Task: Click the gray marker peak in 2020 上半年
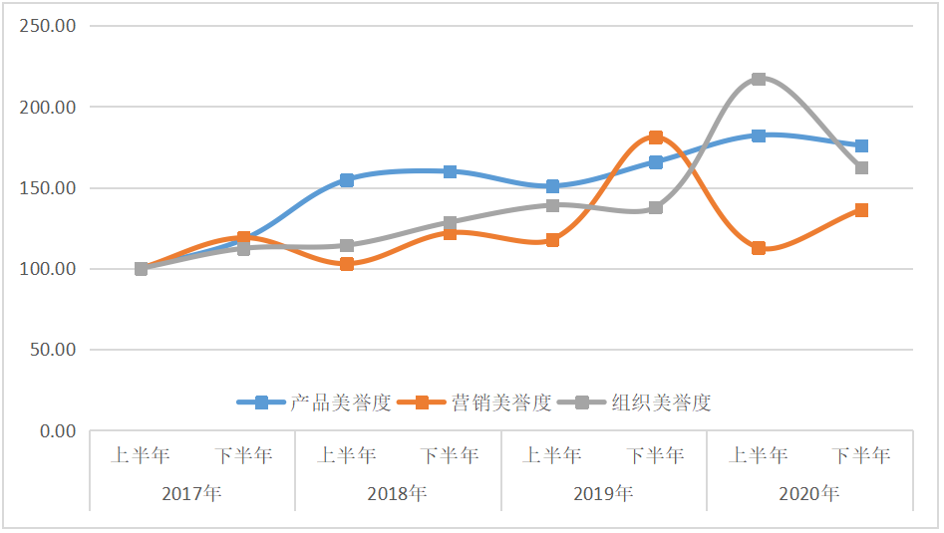(x=759, y=79)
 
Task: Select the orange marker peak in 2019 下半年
(x=656, y=137)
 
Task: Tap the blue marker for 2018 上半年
(x=347, y=180)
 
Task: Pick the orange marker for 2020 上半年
(x=759, y=248)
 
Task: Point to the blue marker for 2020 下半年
(x=861, y=146)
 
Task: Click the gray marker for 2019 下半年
(x=656, y=207)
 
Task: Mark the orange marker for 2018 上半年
(x=347, y=264)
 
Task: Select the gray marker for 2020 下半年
(x=861, y=167)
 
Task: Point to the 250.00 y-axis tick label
(x=49, y=26)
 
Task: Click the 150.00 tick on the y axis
(x=49, y=188)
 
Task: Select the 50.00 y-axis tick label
(x=53, y=350)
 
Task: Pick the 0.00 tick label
(x=57, y=431)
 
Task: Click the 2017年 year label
(x=191, y=493)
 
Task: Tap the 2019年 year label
(x=603, y=493)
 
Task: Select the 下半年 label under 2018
(x=450, y=456)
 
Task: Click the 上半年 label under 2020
(x=759, y=456)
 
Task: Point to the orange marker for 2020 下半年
(x=861, y=210)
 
